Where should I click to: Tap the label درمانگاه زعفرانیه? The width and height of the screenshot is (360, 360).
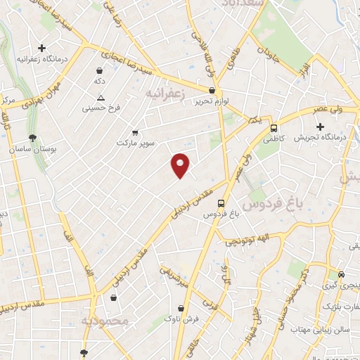point(42,60)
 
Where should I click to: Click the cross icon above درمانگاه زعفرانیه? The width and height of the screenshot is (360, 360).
point(42,49)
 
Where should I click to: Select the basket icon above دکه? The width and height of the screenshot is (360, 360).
point(100,70)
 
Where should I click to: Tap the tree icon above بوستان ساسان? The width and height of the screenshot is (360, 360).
point(32,138)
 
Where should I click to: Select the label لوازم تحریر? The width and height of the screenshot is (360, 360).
point(212,101)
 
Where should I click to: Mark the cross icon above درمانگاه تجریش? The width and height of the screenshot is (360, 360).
point(320,127)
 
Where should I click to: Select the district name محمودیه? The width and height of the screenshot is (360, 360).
point(106,321)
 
